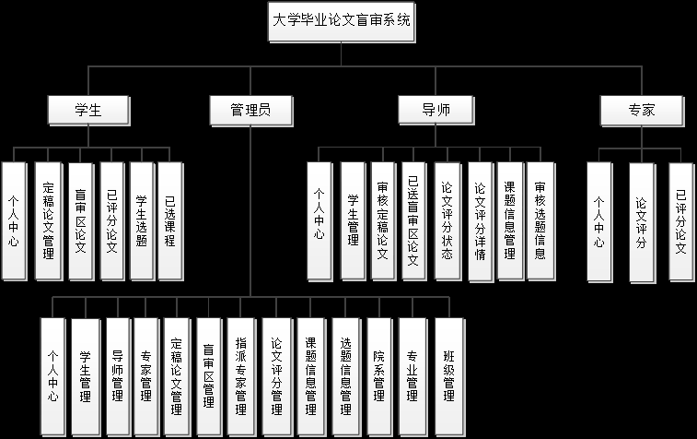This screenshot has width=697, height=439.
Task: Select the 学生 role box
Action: [x=87, y=110]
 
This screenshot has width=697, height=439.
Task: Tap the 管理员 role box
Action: [x=250, y=110]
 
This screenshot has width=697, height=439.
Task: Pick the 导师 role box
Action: [x=436, y=110]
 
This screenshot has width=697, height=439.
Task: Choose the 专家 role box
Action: [x=641, y=110]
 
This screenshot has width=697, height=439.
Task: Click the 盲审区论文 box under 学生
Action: [x=80, y=220]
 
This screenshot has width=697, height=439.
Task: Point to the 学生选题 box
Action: [x=140, y=220]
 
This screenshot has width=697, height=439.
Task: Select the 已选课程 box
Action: [x=169, y=220]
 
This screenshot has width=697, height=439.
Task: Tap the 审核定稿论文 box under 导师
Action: [x=382, y=220]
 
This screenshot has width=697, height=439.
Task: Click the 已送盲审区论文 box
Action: [x=413, y=220]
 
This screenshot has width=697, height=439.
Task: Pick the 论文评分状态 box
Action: [x=447, y=220]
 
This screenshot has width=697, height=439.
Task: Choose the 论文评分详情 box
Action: [x=479, y=220]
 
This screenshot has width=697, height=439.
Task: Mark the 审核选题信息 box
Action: [x=540, y=220]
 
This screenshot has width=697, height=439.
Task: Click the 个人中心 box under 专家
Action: [x=598, y=221]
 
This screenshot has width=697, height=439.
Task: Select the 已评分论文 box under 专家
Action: [x=680, y=221]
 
